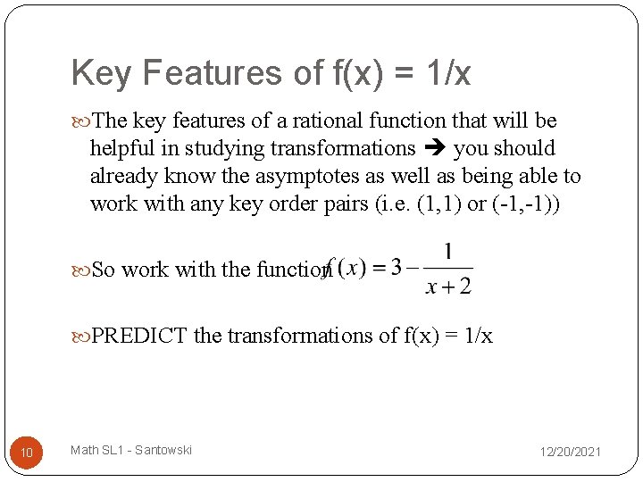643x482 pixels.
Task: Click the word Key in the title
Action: [100, 73]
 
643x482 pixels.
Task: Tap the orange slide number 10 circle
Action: [27, 454]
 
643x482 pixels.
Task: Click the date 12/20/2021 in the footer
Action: [570, 453]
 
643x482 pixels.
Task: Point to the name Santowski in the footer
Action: [163, 450]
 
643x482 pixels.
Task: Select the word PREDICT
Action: [139, 336]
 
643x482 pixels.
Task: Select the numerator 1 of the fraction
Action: [447, 251]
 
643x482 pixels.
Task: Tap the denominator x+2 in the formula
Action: [448, 286]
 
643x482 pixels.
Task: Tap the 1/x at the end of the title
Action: [450, 73]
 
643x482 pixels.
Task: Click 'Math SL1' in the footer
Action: [94, 450]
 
